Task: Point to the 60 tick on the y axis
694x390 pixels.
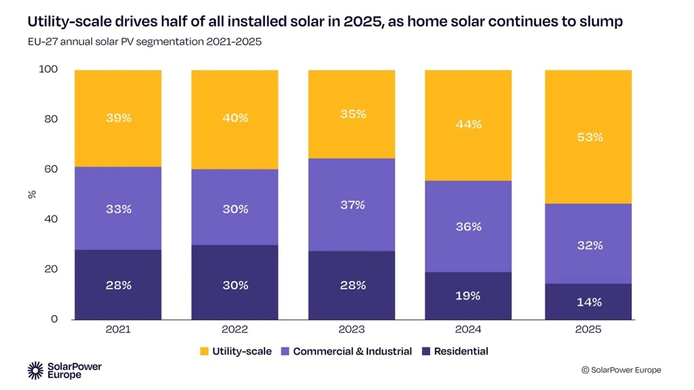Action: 50,169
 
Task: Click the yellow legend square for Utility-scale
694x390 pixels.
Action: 205,352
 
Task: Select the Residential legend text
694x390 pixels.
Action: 461,351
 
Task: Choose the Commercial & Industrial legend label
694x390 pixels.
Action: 352,351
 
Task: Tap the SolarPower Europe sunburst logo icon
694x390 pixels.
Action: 36,370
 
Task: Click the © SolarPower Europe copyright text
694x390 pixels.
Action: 621,370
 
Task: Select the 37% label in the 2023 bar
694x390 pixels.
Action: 352,205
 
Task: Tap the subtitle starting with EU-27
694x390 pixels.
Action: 145,42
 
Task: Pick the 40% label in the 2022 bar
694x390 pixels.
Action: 235,118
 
